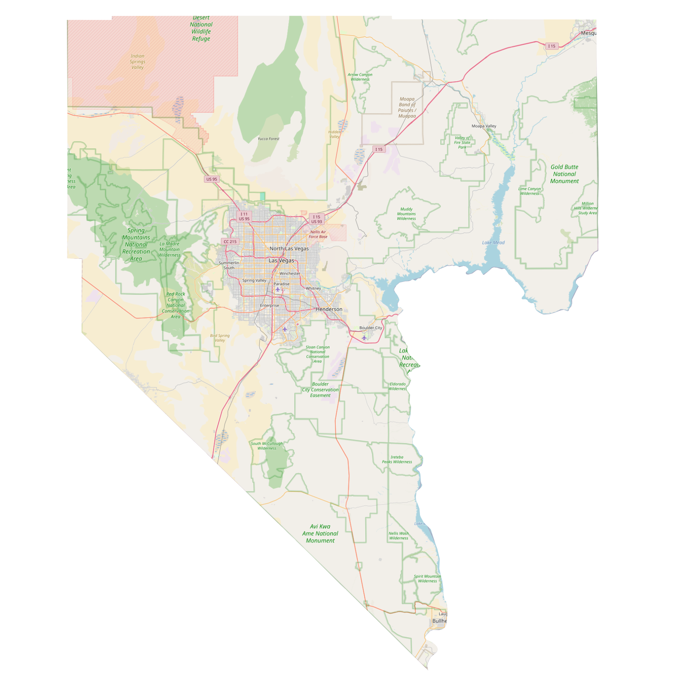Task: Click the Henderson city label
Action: point(329,309)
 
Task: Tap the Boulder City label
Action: point(371,328)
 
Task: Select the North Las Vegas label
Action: point(289,248)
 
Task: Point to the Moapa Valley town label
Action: point(484,126)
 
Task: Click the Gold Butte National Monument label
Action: point(564,174)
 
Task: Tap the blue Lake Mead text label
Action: point(493,242)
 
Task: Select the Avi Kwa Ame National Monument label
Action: point(320,533)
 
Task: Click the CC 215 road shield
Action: point(230,242)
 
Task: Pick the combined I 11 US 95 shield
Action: point(244,217)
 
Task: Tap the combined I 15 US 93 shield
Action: point(317,219)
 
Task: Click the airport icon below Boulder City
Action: point(364,338)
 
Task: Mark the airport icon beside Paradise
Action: point(278,290)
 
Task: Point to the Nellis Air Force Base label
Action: point(318,234)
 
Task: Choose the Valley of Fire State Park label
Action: point(462,142)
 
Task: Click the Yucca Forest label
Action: point(268,139)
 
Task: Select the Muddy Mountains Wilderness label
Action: point(406,214)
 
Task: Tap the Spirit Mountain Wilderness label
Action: point(428,578)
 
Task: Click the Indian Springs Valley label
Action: point(138,62)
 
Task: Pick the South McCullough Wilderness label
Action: point(267,446)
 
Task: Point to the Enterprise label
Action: point(270,305)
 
